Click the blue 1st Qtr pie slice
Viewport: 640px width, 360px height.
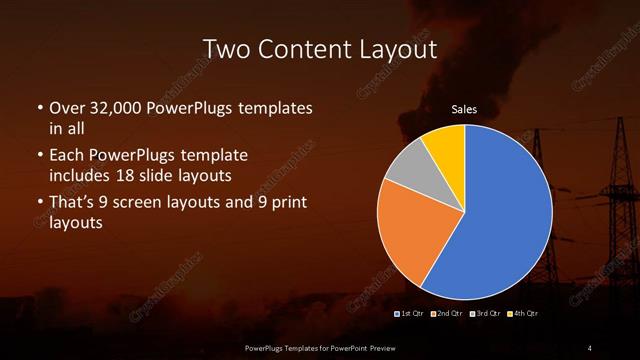pyautogui.click(x=505, y=215)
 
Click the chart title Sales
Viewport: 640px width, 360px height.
pyautogui.click(x=464, y=109)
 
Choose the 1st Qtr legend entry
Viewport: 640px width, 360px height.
pyautogui.click(x=412, y=314)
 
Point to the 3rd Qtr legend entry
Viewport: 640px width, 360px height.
pyautogui.click(x=485, y=314)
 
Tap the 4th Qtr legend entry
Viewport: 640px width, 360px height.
pyautogui.click(x=522, y=314)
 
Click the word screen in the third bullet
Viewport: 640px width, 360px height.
pyautogui.click(x=147, y=203)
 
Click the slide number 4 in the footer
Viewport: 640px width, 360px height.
pyautogui.click(x=590, y=347)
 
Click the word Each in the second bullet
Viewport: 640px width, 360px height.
pyautogui.click(x=66, y=156)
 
